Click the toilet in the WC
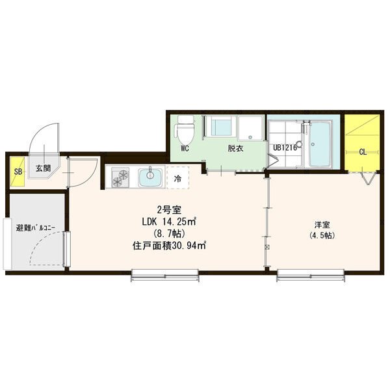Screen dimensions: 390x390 [x=185, y=129]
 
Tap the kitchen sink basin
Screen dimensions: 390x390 [x=150, y=177]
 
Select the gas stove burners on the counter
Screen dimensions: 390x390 [x=120, y=177]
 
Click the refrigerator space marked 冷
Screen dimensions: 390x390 [x=178, y=178]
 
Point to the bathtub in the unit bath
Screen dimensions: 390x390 [x=320, y=144]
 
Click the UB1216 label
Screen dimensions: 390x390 [x=285, y=148]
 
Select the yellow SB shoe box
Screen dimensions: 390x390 [x=18, y=172]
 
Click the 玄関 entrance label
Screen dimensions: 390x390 [x=44, y=168]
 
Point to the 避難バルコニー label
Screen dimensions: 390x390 [x=36, y=228]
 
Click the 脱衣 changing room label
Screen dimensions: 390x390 [x=235, y=148]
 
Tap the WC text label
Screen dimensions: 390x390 [x=185, y=148]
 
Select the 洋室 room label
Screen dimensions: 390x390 [x=322, y=225]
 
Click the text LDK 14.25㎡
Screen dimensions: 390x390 [x=170, y=222]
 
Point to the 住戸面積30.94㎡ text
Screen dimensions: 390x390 [x=169, y=246]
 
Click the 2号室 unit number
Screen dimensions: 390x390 [x=169, y=210]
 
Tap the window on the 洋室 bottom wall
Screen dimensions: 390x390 [x=311, y=275]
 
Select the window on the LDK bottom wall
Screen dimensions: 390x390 [x=165, y=275]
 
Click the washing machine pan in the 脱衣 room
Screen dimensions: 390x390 [x=250, y=128]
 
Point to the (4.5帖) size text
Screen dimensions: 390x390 [x=322, y=235]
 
